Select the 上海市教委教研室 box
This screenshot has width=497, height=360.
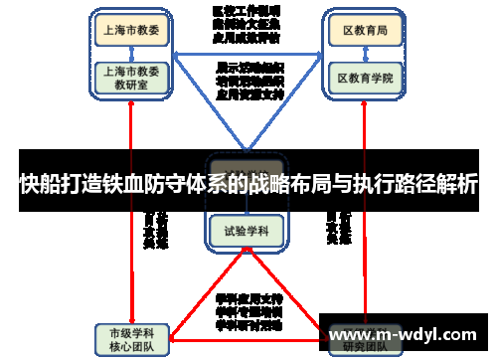130,78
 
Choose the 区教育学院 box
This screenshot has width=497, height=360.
365,76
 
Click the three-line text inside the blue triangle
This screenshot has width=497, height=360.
248,82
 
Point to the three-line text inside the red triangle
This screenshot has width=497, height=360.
248,310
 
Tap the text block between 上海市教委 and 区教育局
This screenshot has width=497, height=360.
246,25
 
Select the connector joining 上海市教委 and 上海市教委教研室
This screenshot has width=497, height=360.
130,54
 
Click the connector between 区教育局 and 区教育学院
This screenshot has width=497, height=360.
365,55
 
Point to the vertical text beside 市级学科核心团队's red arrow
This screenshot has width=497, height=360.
155,229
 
